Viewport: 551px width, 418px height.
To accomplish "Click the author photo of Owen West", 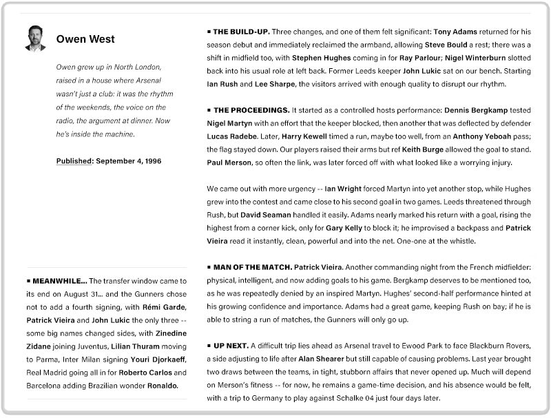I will [x=35, y=39].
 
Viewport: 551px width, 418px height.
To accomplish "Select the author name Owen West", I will [x=85, y=39].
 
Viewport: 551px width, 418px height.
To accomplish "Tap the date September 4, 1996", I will [x=129, y=160].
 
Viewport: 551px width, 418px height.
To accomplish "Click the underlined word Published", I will [x=74, y=160].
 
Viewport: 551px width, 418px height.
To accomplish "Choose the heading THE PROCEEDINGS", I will [x=251, y=110].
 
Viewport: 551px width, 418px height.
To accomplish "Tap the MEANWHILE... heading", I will [x=59, y=281].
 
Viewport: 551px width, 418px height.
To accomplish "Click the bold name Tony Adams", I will [x=455, y=32].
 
